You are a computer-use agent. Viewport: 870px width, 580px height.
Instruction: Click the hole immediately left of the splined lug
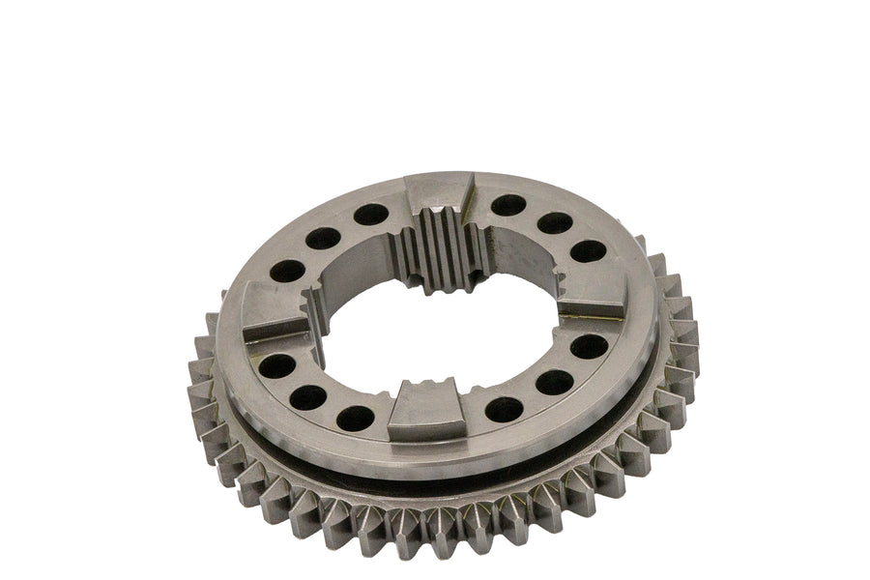pyautogui.click(x=371, y=213)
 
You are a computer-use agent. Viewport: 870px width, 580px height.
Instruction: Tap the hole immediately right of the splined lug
pyautogui.click(x=508, y=206)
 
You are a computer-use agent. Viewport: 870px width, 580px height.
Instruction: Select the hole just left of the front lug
pyautogui.click(x=356, y=418)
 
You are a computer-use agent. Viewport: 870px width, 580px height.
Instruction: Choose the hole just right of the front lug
pyautogui.click(x=504, y=409)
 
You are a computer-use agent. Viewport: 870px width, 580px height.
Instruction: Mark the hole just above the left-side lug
pyautogui.click(x=287, y=271)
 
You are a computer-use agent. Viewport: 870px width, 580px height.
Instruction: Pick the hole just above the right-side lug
pyautogui.click(x=588, y=250)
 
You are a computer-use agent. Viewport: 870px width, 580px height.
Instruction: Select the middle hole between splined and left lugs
pyautogui.click(x=321, y=237)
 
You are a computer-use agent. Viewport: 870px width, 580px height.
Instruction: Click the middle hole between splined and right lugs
pyautogui.click(x=554, y=223)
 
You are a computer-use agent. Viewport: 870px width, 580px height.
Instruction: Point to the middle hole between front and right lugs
pyautogui.click(x=554, y=383)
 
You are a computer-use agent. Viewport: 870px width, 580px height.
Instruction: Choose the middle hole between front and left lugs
pyautogui.click(x=309, y=397)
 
